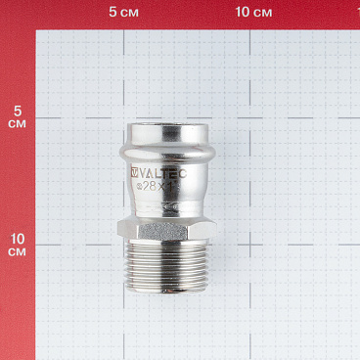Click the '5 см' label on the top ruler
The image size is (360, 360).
pos(123,12)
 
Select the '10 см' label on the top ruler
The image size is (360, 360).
pos(253,12)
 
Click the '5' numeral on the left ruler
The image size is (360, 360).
pos(16,111)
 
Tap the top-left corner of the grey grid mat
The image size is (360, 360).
pos(37,31)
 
